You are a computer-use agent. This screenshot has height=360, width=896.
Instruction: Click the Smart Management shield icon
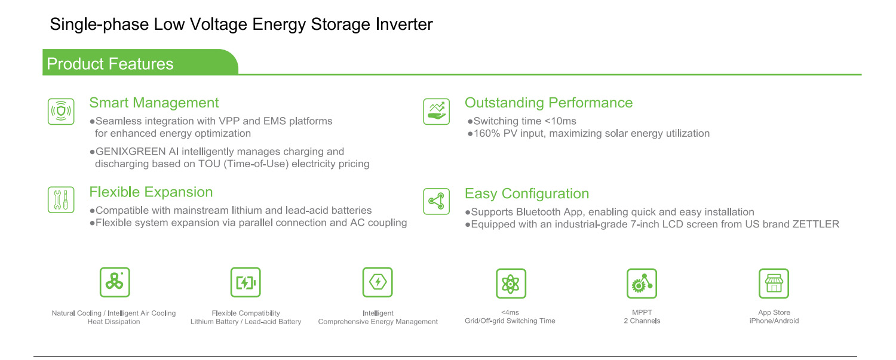tap(61, 112)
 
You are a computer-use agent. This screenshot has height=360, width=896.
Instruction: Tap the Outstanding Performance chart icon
tap(437, 112)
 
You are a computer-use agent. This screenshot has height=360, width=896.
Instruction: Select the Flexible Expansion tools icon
tap(61, 199)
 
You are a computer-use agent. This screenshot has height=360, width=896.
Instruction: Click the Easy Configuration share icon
tap(437, 201)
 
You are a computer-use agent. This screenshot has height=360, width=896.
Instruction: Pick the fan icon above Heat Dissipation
tap(115, 282)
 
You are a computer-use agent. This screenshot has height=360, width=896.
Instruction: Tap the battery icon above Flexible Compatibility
tap(246, 282)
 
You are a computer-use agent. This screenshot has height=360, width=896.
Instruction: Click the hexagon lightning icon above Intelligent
tap(378, 282)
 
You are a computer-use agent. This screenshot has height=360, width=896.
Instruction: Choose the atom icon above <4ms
tap(511, 284)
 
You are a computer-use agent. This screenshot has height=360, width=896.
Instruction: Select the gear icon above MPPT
tap(642, 284)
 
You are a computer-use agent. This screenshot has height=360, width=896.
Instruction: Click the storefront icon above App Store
tap(774, 284)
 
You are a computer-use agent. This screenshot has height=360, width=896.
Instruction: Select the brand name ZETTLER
tap(815, 224)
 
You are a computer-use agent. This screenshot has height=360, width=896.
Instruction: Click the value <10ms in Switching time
tap(560, 121)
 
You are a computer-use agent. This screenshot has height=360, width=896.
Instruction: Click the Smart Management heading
tap(154, 103)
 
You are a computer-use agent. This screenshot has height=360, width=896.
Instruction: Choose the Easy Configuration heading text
tap(527, 193)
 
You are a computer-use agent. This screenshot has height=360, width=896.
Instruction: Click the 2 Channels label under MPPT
tap(642, 321)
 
